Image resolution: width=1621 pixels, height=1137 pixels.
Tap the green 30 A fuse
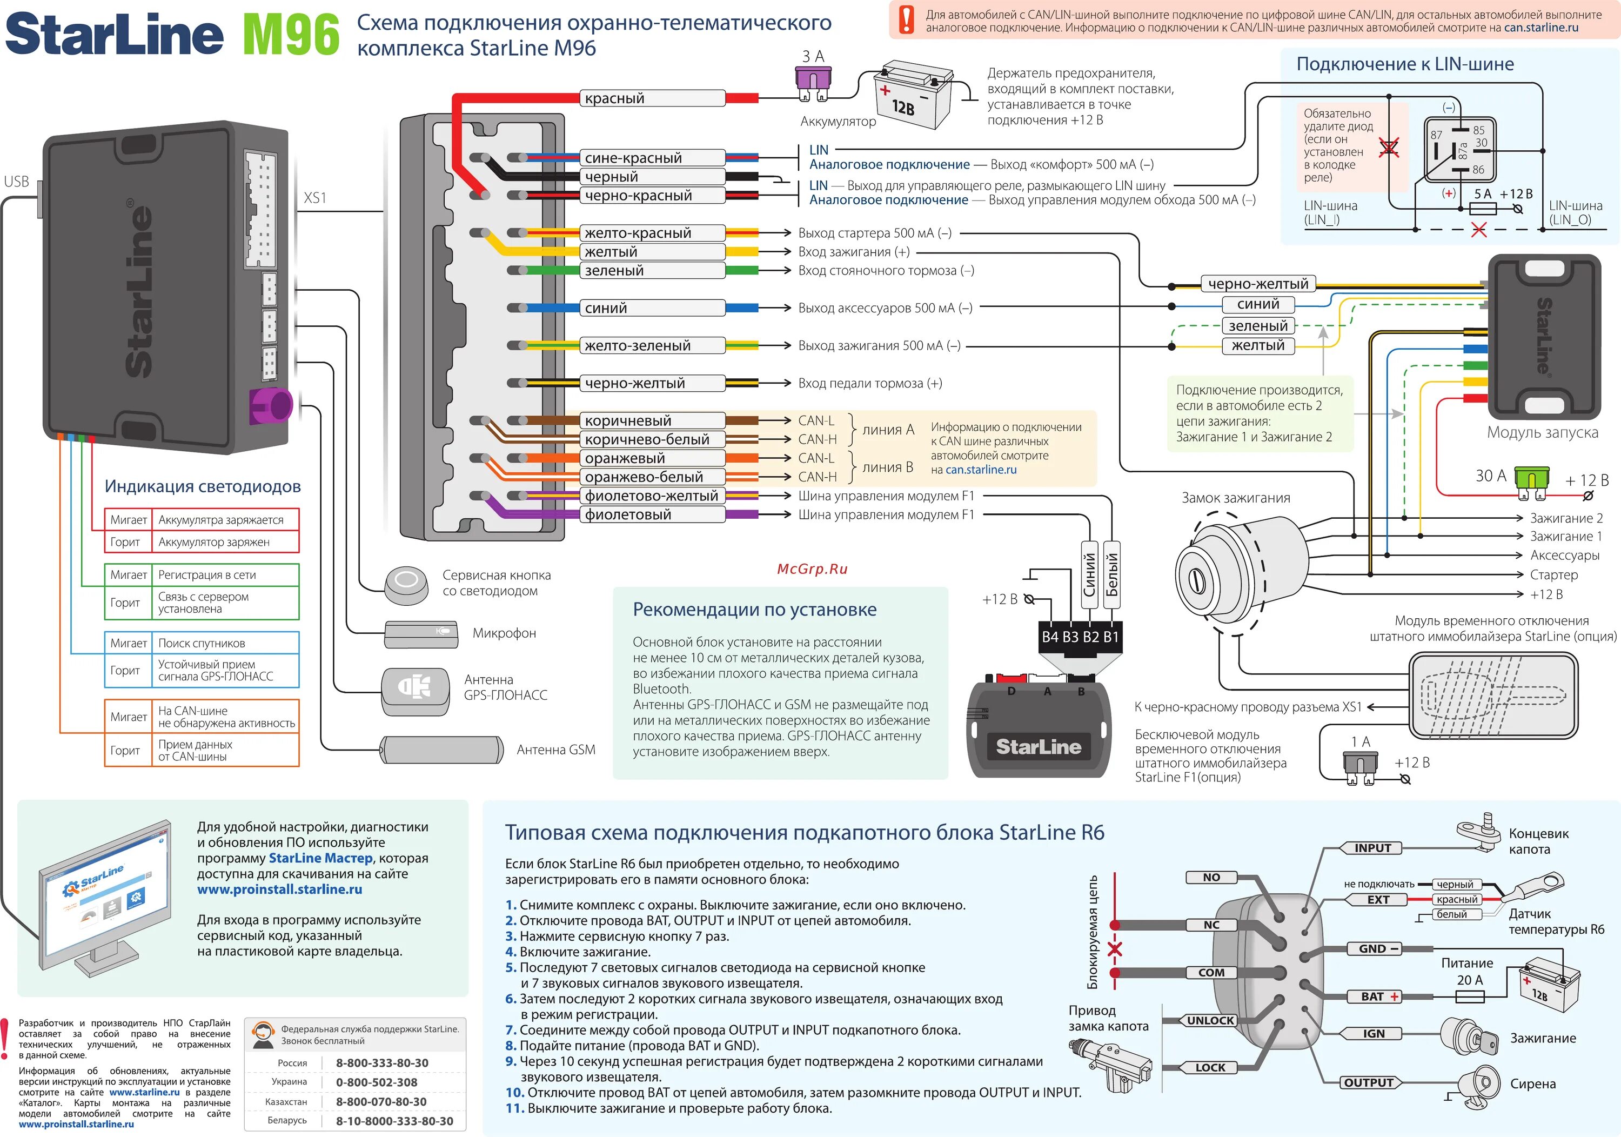(x=1532, y=478)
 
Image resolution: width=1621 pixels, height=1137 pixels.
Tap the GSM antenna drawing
(x=442, y=750)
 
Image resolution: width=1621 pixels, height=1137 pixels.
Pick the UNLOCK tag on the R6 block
(x=1210, y=1020)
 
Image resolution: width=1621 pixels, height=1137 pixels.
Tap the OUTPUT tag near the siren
(x=1368, y=1082)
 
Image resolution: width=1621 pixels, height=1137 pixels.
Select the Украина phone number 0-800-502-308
(x=376, y=1082)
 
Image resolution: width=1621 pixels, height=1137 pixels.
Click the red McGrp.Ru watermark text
(x=812, y=569)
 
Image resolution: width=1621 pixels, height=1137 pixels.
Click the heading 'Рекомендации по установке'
(x=754, y=610)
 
